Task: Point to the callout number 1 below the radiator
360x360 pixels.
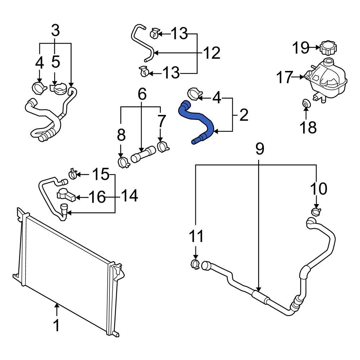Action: pyautogui.click(x=56, y=326)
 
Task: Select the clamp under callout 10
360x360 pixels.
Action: pyautogui.click(x=316, y=211)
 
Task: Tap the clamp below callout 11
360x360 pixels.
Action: pyautogui.click(x=195, y=264)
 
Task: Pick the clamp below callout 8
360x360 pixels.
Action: pyautogui.click(x=123, y=162)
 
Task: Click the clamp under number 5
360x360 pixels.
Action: pyautogui.click(x=58, y=88)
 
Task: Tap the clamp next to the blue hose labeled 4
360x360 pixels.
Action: pyautogui.click(x=193, y=95)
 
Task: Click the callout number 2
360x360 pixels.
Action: pyautogui.click(x=243, y=116)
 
